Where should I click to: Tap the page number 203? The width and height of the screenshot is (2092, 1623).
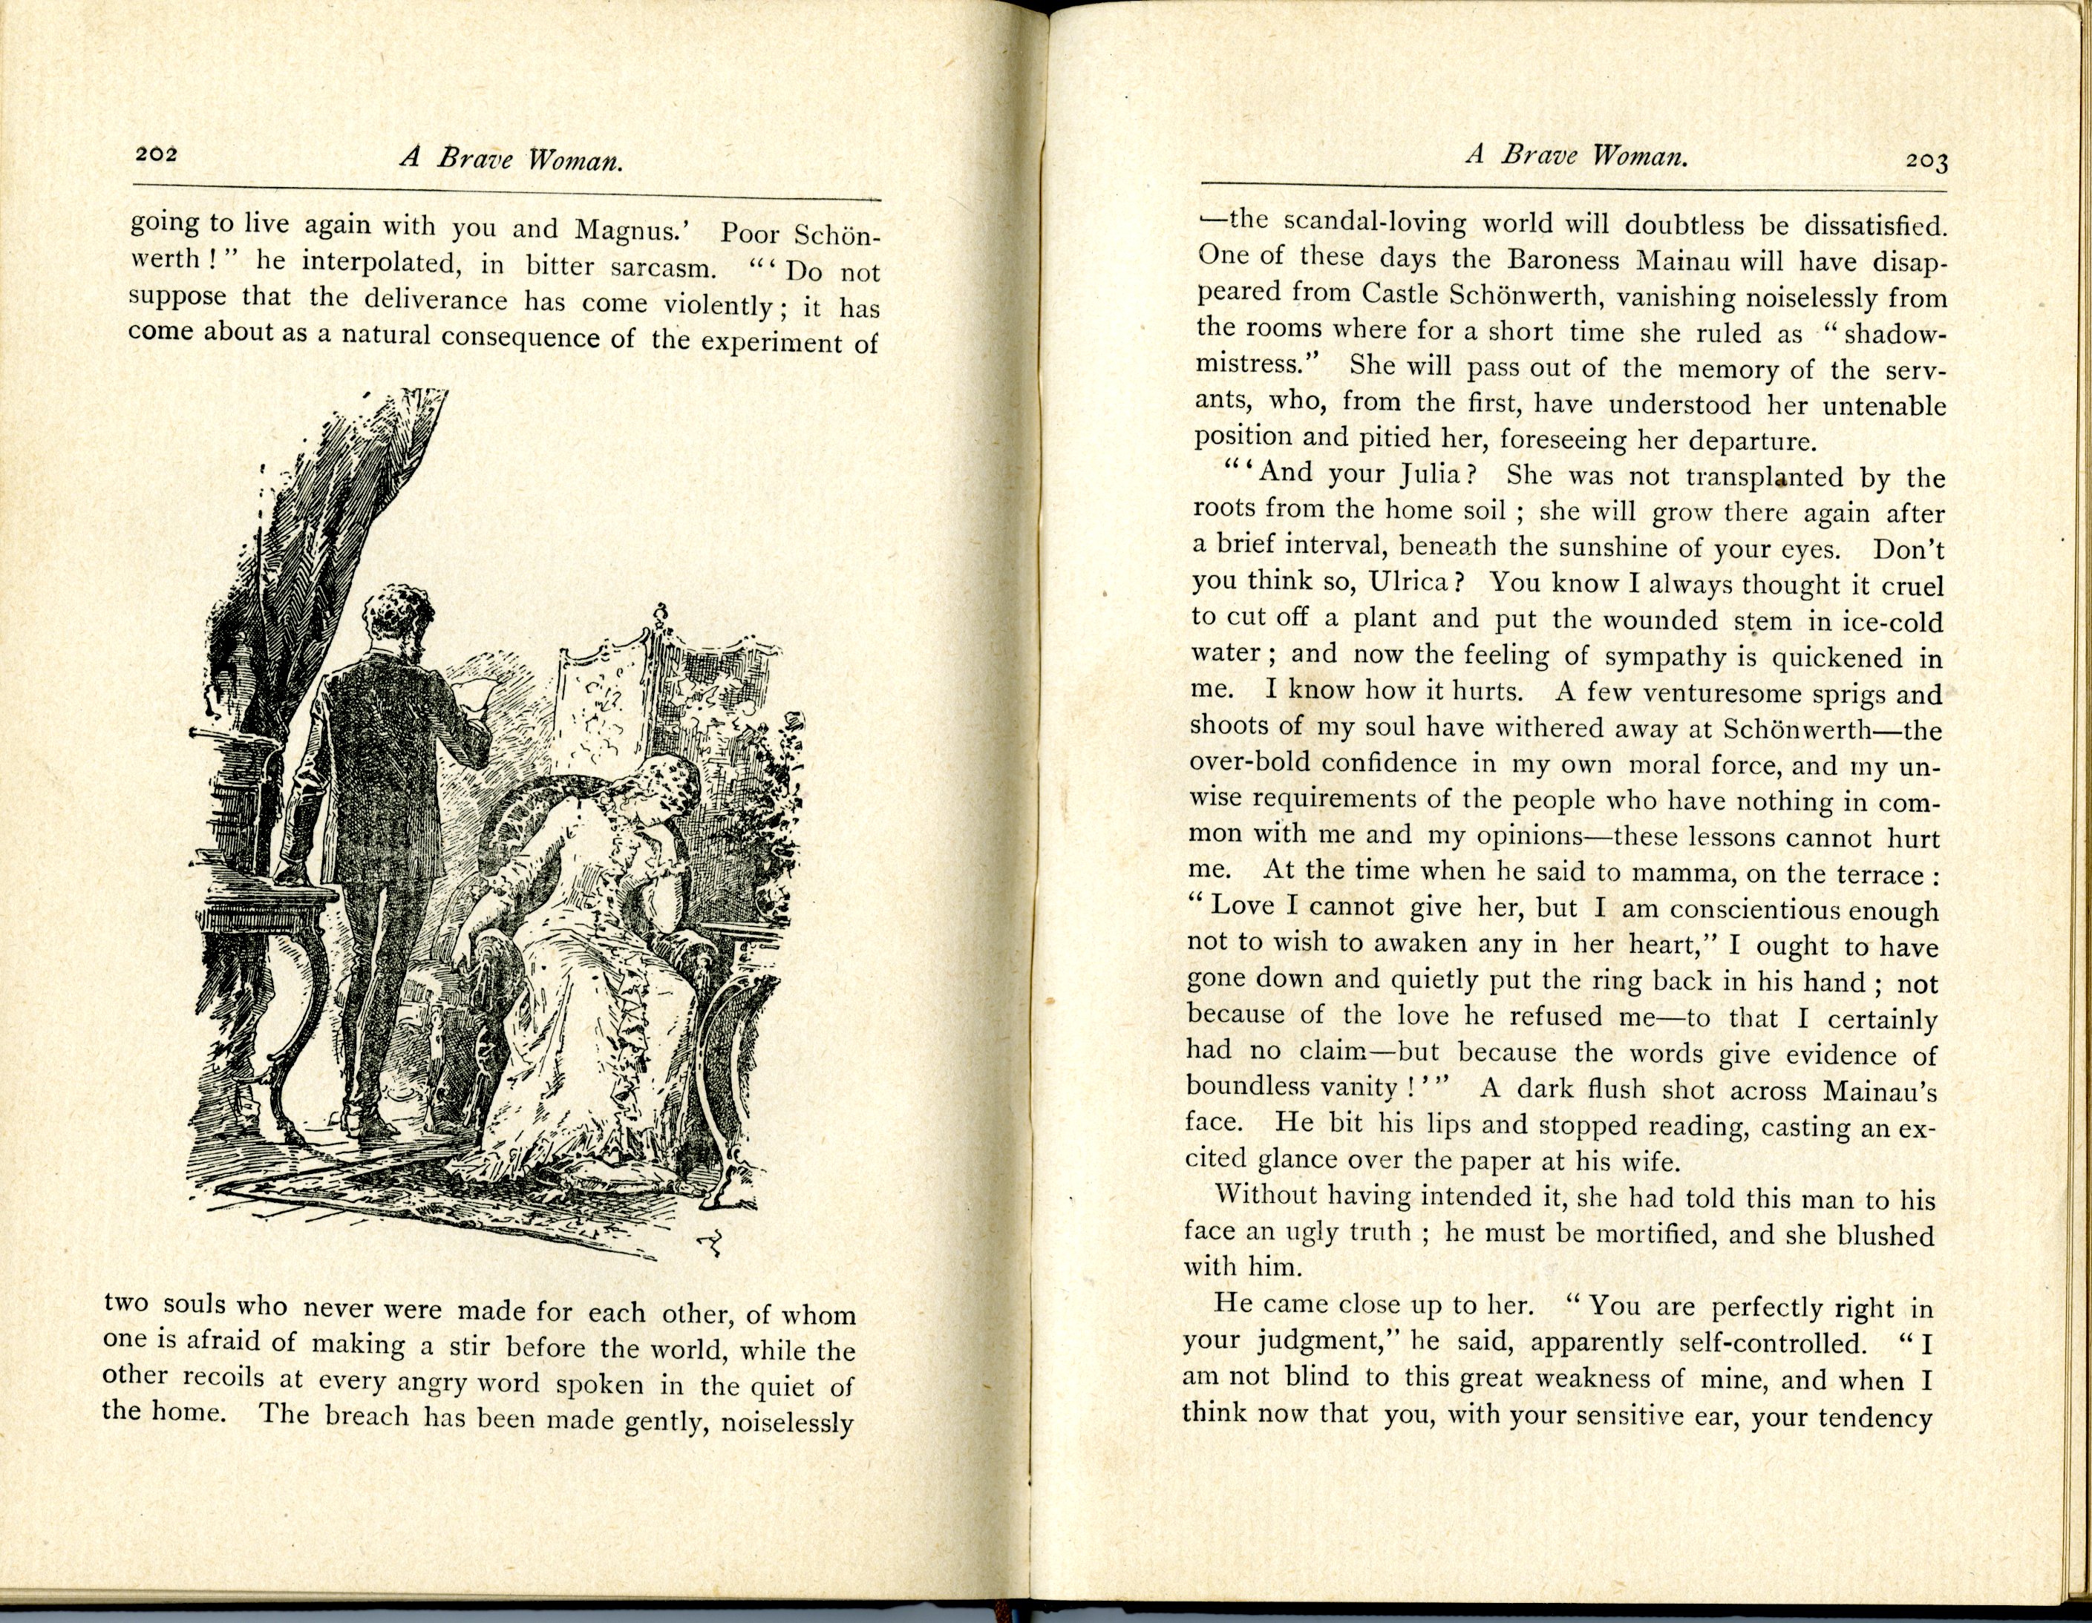(1926, 161)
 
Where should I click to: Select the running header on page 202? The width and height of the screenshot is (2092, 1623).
(511, 159)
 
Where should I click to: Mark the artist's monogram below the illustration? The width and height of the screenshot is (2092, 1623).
(710, 1244)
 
